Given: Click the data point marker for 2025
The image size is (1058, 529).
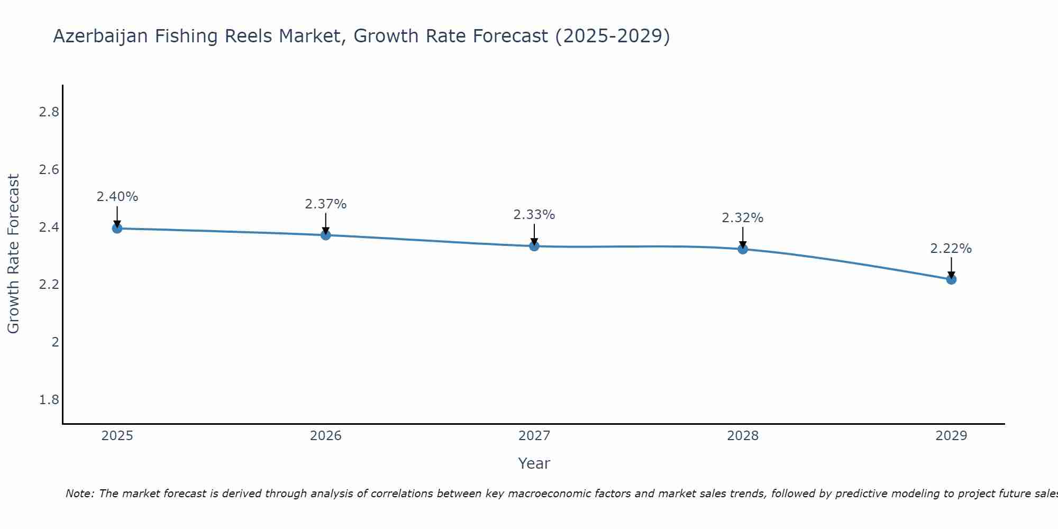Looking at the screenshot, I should coord(117,229).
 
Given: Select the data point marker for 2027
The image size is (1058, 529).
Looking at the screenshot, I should coord(534,246).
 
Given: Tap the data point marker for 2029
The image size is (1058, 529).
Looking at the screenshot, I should coord(951,279).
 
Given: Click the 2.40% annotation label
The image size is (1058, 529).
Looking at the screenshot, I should coord(117,197).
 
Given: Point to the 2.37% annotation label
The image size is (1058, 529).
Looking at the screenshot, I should coord(325,204).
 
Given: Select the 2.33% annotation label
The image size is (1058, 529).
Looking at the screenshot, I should coord(534,215).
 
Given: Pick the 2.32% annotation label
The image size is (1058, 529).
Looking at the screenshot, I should coord(743,218).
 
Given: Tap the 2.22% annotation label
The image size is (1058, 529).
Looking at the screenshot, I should coord(951,249).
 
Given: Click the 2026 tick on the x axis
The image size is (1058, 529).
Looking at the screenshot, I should coord(325,436).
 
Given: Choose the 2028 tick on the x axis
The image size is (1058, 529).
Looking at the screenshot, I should coord(743,436).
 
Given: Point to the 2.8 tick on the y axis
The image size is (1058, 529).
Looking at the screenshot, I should coord(49,112).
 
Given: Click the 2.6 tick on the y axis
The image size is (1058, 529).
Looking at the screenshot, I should coord(49,170).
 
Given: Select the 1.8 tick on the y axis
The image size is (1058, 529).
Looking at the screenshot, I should coord(49,400).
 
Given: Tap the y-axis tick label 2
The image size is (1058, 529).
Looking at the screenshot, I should coord(55,342).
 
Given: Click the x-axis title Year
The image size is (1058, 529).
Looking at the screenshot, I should coord(534,463).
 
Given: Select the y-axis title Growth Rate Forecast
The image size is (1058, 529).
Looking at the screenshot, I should coord(13,254).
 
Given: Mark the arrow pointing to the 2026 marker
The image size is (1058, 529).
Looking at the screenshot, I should coord(325,223).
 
